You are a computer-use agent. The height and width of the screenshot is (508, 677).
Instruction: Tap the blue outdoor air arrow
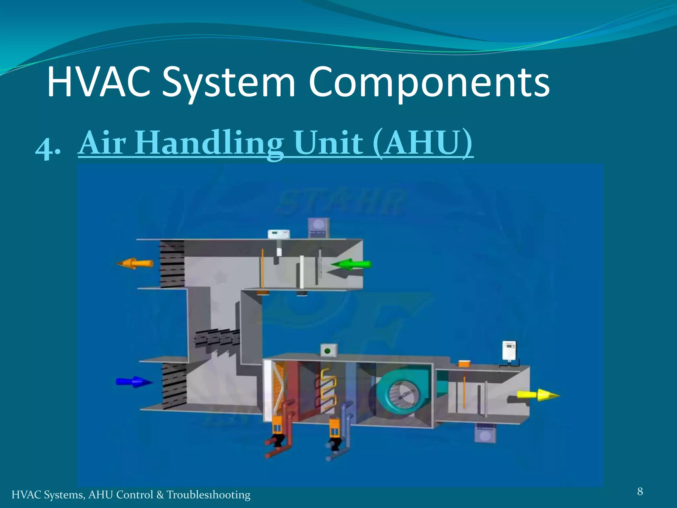(134, 382)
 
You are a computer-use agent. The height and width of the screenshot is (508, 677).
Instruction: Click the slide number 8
(640, 491)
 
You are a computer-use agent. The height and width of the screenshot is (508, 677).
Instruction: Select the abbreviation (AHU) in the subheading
(423, 143)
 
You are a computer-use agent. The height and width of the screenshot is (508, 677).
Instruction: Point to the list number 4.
(47, 148)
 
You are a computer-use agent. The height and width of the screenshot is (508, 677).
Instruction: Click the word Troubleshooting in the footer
(208, 495)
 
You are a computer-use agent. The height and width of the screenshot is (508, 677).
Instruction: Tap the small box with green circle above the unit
(328, 351)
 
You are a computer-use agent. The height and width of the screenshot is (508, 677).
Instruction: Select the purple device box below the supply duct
(485, 433)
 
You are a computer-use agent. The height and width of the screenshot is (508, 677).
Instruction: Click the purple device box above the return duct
(318, 228)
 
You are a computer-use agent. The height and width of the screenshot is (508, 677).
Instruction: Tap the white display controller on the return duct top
(279, 234)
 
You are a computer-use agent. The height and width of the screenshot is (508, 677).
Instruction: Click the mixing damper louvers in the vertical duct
(217, 338)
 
